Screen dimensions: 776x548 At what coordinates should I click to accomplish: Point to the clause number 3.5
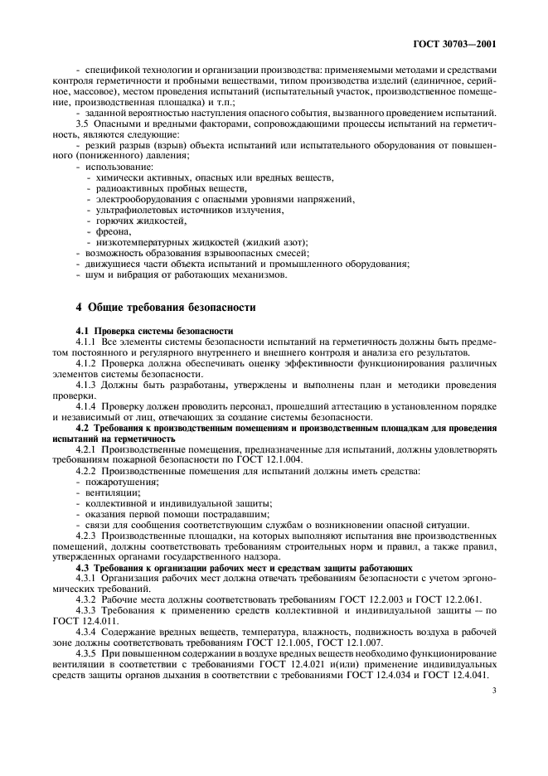(83, 124)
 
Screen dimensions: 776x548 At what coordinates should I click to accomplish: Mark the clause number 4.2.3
(90, 536)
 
